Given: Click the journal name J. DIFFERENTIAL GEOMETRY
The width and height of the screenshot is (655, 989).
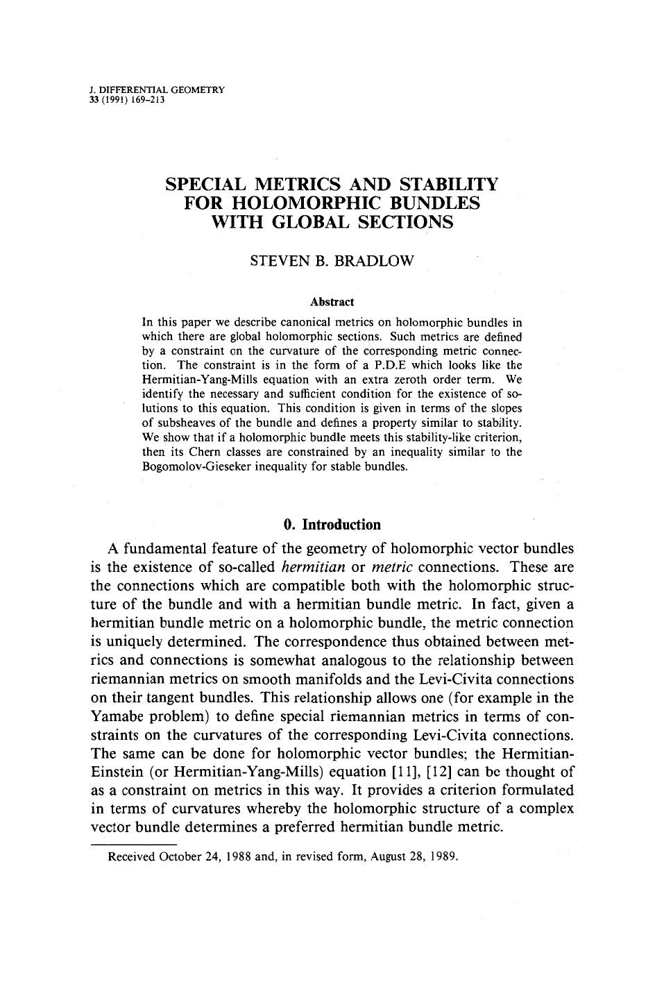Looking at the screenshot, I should (158, 90).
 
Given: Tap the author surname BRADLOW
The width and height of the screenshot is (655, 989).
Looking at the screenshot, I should (378, 261).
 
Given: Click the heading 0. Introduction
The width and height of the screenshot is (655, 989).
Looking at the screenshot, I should (332, 524).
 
